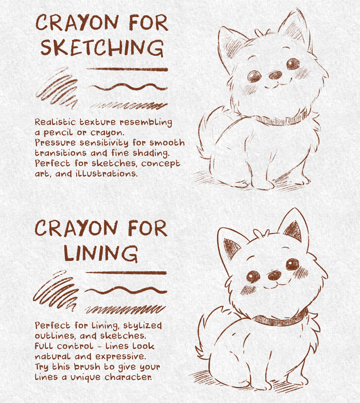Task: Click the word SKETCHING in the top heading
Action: pyautogui.click(x=102, y=48)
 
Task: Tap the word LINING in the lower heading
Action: pyautogui.click(x=101, y=253)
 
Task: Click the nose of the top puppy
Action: pyautogui.click(x=275, y=75)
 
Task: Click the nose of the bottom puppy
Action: pyautogui.click(x=274, y=275)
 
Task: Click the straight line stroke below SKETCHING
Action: pyautogui.click(x=127, y=70)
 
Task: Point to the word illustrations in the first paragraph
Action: pyautogui.click(x=106, y=174)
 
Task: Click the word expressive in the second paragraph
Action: pyautogui.click(x=121, y=357)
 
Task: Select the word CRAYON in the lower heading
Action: pyautogui.click(x=76, y=228)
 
